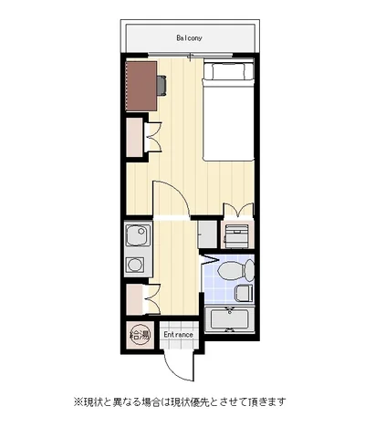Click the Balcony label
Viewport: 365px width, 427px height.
189,38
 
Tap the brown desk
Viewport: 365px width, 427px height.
141,86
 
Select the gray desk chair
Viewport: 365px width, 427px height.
162,86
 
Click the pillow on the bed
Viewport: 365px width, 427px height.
228,71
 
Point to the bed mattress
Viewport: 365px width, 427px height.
228,120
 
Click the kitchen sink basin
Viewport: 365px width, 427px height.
138,235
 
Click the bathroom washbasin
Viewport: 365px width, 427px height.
244,293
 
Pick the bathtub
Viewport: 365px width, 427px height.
229,320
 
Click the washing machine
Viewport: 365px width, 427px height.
237,236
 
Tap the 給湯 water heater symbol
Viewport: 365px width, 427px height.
140,335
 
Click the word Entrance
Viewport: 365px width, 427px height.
179,335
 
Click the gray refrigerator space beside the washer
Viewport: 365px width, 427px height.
207,234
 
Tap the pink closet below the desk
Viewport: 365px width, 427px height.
135,137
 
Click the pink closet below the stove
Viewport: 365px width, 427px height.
134,299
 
